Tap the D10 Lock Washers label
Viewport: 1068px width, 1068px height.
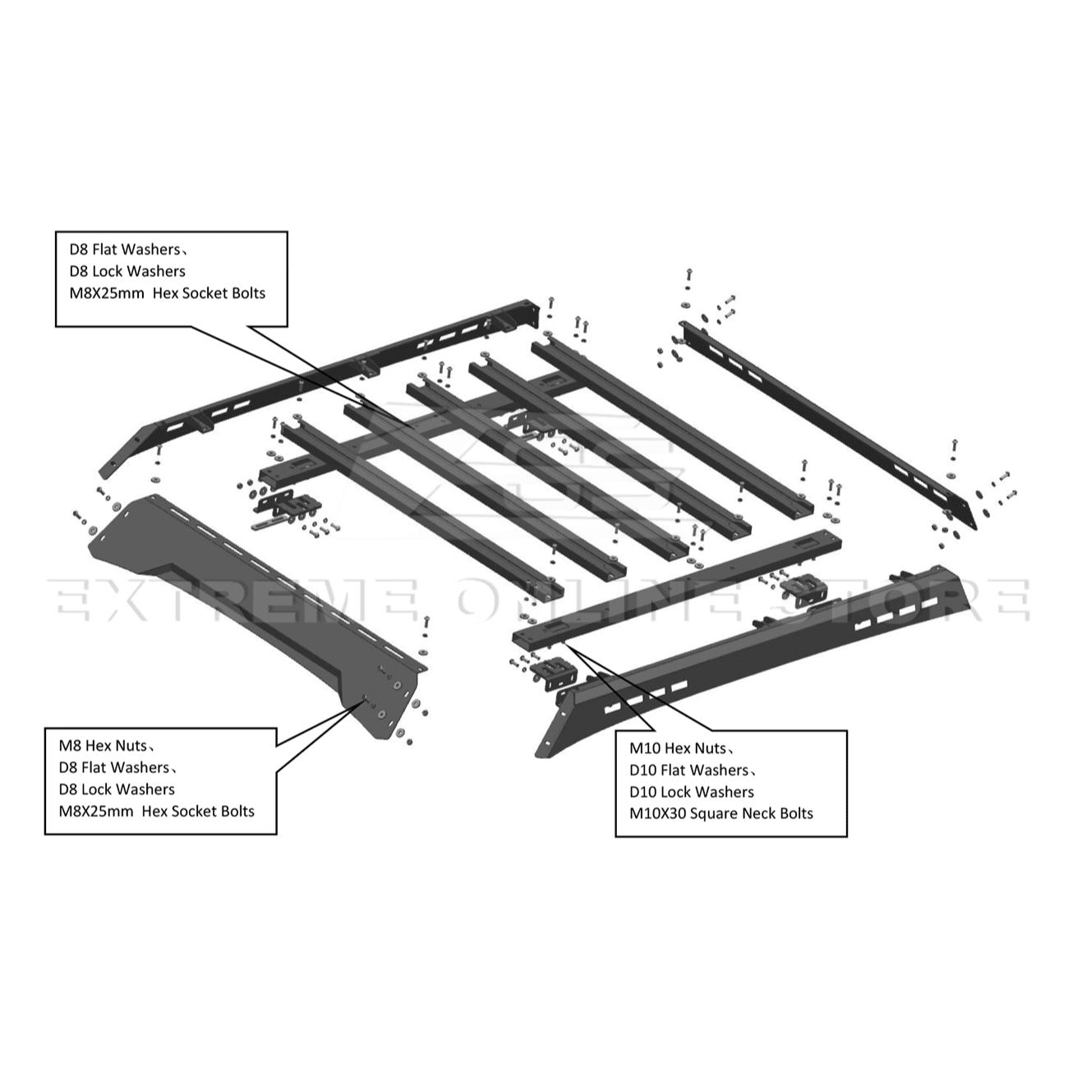coord(692,792)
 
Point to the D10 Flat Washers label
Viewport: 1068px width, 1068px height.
coord(689,770)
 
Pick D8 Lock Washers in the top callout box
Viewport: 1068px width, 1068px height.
coord(127,271)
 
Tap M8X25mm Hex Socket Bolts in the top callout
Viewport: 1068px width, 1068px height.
coord(168,293)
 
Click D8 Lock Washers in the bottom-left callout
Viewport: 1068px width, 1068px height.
coord(117,789)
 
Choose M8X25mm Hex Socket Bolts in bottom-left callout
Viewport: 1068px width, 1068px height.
coord(157,812)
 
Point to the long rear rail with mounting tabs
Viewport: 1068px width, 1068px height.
coord(329,378)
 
